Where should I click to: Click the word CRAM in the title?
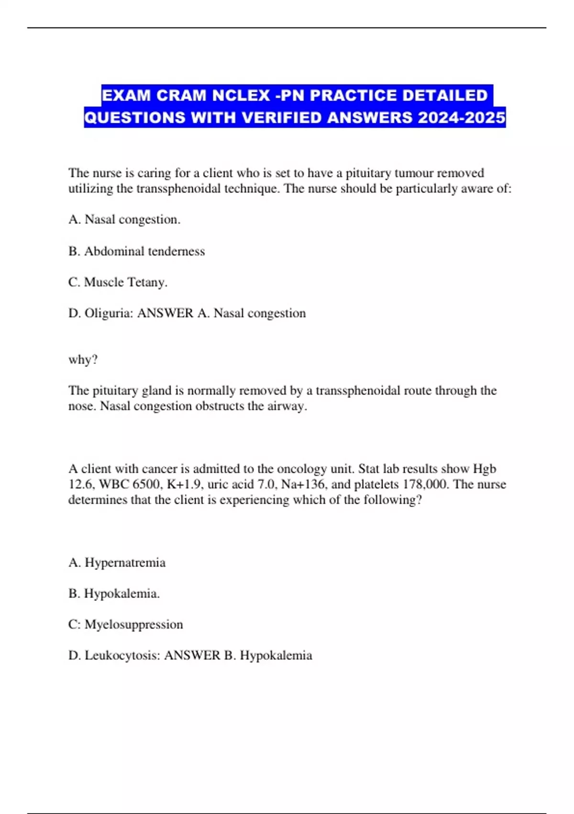tap(182, 95)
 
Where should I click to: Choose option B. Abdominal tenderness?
tap(137, 251)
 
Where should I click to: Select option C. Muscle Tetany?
tap(118, 282)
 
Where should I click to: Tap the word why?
tap(83, 360)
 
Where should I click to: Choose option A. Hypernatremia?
tap(117, 562)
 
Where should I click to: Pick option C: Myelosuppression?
tap(126, 624)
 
